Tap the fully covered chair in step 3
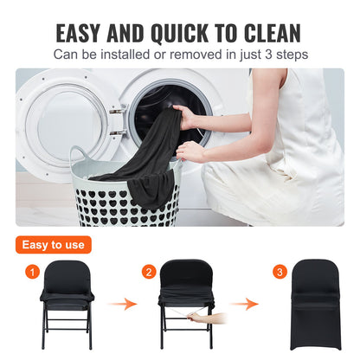318,305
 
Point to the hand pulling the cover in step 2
197,318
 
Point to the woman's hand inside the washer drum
183,115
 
